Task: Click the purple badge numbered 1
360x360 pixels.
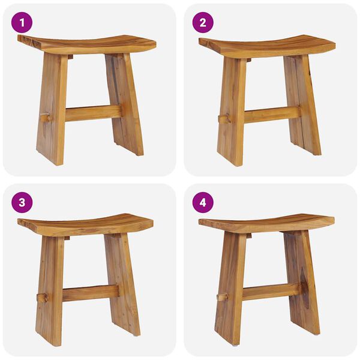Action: tap(22, 23)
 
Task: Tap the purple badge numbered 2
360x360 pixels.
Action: tap(203, 23)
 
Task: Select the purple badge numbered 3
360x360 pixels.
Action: tap(22, 202)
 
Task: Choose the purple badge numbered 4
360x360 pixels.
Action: tap(203, 202)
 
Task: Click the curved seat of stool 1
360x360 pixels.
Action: tap(87, 44)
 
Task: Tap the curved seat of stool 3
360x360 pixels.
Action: tap(85, 225)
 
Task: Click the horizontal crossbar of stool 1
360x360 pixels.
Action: tap(90, 113)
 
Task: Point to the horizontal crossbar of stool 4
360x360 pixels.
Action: tap(270, 292)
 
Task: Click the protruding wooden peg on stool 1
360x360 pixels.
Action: tap(44, 118)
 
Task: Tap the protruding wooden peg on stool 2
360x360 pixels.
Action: tap(224, 119)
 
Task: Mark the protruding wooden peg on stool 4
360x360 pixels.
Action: tap(222, 296)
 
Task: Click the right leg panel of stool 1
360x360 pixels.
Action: tap(125, 102)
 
